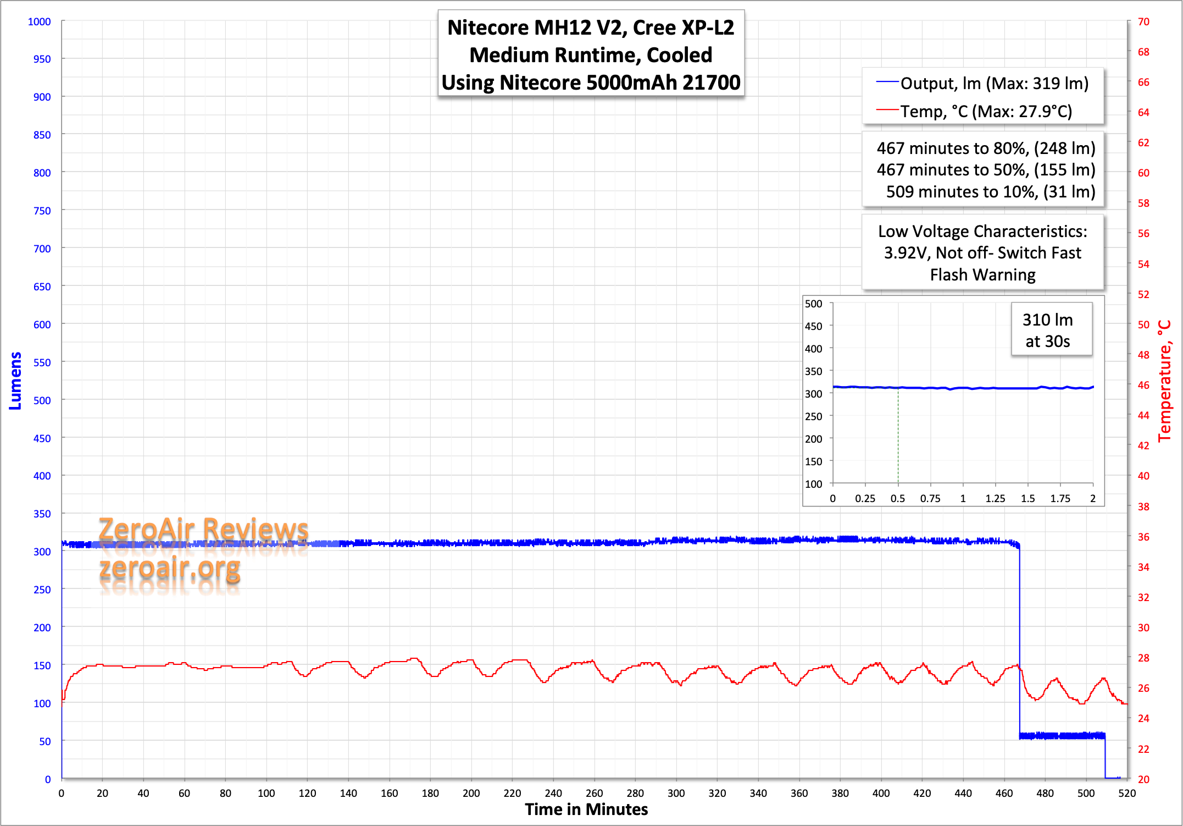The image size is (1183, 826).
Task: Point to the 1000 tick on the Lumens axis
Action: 40,21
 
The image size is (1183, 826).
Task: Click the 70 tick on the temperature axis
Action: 1143,21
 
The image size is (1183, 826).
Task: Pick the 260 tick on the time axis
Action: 594,793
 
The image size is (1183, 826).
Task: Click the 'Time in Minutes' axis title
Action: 586,810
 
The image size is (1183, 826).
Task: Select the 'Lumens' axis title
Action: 15,381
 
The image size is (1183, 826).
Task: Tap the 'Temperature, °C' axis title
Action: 1165,381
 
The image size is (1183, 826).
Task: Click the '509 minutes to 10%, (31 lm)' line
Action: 990,191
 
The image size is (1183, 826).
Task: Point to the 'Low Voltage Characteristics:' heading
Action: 982,232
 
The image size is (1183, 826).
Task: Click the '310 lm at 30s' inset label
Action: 1047,330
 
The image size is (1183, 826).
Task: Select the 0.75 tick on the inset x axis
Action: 930,499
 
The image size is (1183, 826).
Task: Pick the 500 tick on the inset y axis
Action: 813,304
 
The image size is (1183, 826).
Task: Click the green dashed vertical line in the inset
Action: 898,434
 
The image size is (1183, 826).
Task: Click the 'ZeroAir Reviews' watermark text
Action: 203,529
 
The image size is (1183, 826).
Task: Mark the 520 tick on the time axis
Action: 1126,793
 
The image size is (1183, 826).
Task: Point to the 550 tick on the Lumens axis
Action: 42,362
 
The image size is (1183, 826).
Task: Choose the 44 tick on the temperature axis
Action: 1143,415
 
